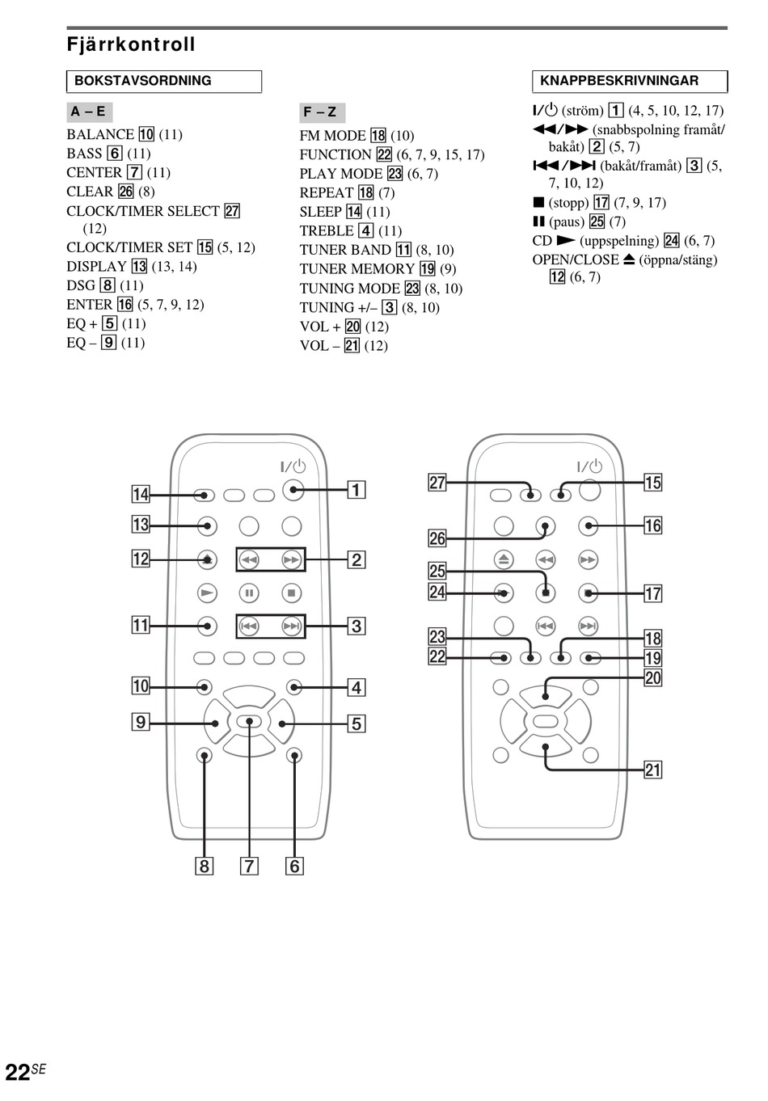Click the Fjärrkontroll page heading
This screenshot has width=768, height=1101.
click(x=131, y=44)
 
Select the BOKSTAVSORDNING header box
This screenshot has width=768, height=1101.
click(x=164, y=82)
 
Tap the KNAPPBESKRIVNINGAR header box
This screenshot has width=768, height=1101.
click(x=630, y=82)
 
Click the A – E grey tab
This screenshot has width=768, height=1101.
click(x=88, y=112)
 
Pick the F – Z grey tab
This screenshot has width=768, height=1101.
click(x=321, y=112)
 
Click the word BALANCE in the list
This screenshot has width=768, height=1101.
click(x=100, y=134)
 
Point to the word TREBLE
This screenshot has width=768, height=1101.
click(x=327, y=230)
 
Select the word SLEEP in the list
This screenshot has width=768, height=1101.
click(x=320, y=212)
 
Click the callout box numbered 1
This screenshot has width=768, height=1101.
click(x=356, y=490)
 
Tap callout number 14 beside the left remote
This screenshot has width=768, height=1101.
click(x=141, y=494)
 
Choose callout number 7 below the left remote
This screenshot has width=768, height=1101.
click(x=249, y=867)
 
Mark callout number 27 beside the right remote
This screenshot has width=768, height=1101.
click(x=437, y=483)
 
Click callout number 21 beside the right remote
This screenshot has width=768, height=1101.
click(x=652, y=770)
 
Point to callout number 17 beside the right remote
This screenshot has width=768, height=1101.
click(x=652, y=593)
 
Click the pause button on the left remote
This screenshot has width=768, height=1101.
click(x=249, y=593)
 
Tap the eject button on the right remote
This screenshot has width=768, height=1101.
click(x=504, y=559)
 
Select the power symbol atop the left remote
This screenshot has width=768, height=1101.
click(x=293, y=466)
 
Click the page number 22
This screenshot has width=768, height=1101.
click(x=17, y=1073)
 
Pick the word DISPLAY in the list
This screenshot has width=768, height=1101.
click(x=96, y=267)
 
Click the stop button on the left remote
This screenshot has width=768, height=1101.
click(x=291, y=593)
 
